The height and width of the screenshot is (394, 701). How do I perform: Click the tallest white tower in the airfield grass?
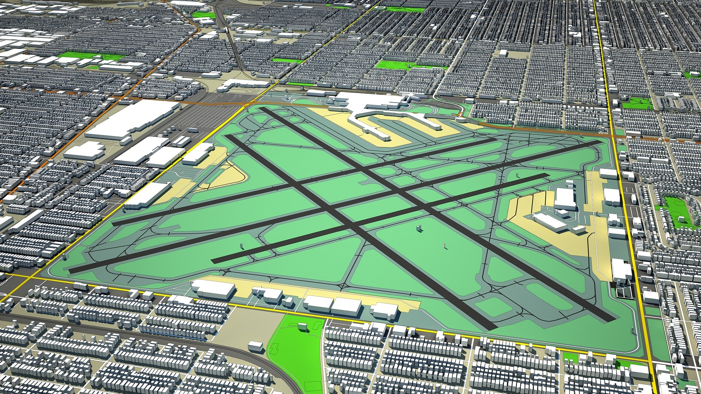point(418,228)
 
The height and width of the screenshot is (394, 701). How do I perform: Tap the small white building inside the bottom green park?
point(302,327)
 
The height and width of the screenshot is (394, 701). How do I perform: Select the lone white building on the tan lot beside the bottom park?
point(255,346)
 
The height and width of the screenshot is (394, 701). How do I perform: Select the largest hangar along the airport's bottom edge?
point(214,289)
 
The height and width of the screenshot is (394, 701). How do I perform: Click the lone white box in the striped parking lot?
point(193,130)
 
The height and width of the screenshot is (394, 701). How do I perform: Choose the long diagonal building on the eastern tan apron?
point(549,222)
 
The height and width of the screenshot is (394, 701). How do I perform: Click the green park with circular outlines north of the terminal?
point(394,65)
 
